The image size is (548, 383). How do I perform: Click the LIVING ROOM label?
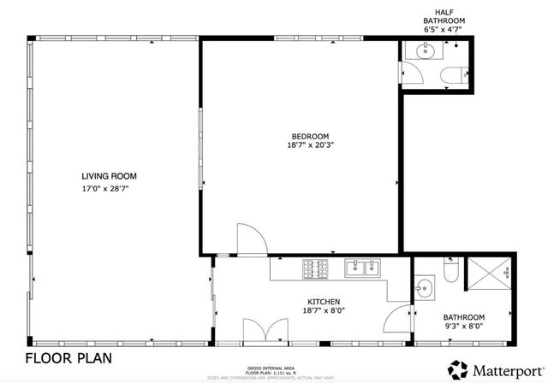[109, 176]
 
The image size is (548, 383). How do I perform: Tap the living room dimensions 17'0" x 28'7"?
[109, 187]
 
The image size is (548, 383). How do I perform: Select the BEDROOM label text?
[309, 136]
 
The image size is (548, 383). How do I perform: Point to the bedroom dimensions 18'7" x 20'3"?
[309, 145]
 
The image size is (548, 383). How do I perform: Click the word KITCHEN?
[325, 302]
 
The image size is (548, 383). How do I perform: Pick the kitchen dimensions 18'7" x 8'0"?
[325, 312]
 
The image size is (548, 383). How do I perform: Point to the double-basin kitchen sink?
[363, 268]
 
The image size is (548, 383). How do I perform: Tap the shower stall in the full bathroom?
[493, 274]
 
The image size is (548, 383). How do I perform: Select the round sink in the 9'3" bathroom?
[422, 286]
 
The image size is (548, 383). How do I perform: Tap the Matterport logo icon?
[459, 369]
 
